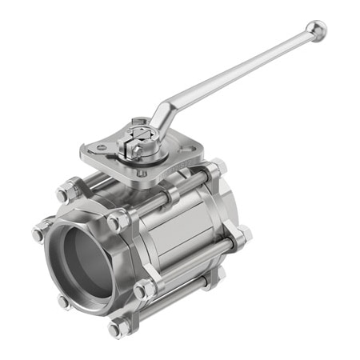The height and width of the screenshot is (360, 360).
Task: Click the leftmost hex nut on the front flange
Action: pyautogui.click(x=39, y=233)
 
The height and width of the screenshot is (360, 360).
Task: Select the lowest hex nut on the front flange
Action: pyautogui.click(x=118, y=327)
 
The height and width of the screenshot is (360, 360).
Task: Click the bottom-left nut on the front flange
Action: pyautogui.click(x=63, y=302)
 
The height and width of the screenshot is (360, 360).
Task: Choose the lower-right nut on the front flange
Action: pyautogui.click(x=144, y=290)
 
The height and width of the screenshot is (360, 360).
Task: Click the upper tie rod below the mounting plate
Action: pyautogui.click(x=172, y=196)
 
